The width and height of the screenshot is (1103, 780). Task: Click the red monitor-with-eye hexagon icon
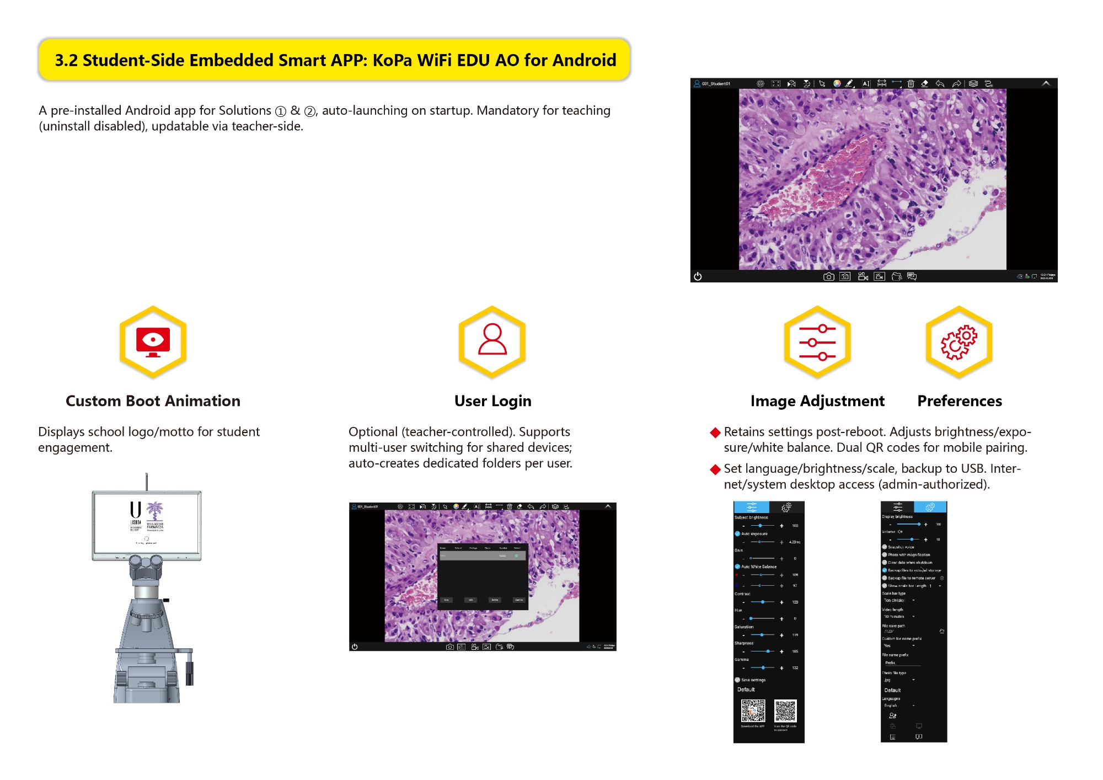153,342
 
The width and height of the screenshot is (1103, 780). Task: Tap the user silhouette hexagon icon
492,342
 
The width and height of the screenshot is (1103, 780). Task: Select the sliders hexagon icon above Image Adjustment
817,342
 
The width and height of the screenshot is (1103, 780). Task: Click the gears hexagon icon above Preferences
959,342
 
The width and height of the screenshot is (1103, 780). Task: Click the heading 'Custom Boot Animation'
153,401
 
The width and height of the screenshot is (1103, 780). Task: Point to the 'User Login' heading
492,401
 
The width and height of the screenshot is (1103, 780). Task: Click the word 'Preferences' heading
960,401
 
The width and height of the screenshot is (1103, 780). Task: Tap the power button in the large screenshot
698,276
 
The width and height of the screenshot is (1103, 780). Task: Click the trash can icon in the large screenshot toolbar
911,84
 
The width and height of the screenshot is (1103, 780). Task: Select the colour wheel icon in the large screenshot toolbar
837,84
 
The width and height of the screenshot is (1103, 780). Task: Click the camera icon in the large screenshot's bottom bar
828,276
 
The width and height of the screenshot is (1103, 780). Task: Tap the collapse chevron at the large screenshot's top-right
1046,83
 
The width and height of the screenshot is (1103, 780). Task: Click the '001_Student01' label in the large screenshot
716,84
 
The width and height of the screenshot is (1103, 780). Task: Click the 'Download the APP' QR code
753,710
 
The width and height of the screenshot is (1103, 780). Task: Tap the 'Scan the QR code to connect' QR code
785,710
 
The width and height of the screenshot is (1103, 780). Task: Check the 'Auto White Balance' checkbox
738,567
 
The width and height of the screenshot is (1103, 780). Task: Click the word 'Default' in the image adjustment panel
746,690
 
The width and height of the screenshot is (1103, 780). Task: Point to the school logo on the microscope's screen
147,515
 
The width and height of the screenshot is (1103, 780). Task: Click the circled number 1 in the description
281,111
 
